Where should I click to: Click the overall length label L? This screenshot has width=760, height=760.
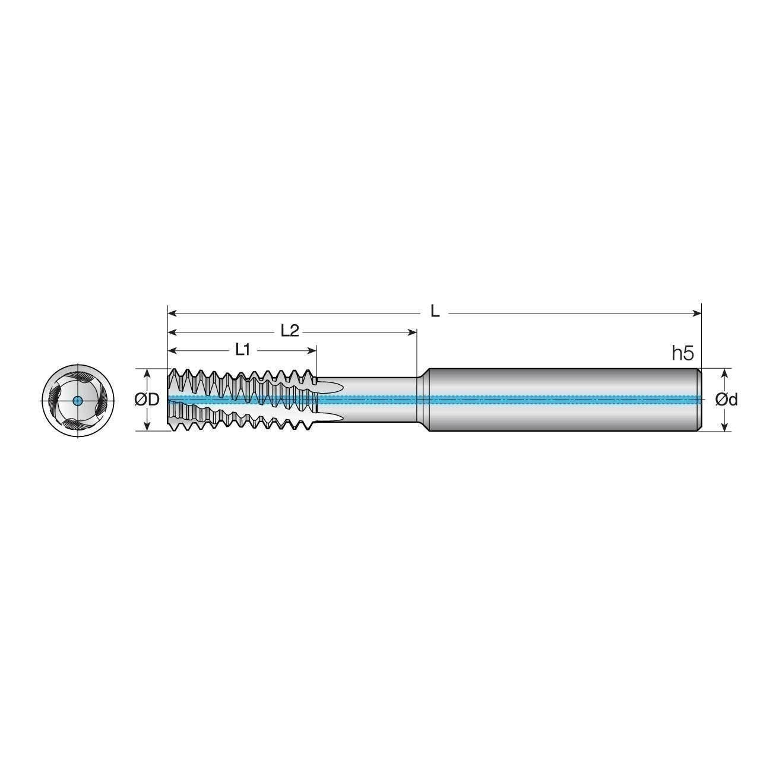coord(435,312)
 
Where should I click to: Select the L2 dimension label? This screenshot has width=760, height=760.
coord(289,331)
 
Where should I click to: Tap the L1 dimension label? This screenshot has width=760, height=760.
coord(242,350)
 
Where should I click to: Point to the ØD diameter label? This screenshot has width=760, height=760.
coord(147,400)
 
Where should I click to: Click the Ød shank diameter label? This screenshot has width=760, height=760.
coord(726,400)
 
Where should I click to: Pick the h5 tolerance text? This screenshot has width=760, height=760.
coord(682,354)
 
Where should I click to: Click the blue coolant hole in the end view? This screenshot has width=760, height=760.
coord(78,400)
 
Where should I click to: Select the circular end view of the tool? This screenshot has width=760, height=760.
coord(78,400)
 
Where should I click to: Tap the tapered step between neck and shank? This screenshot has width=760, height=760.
coord(422,400)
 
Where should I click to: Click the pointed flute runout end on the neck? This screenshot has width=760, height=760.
coord(341,388)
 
